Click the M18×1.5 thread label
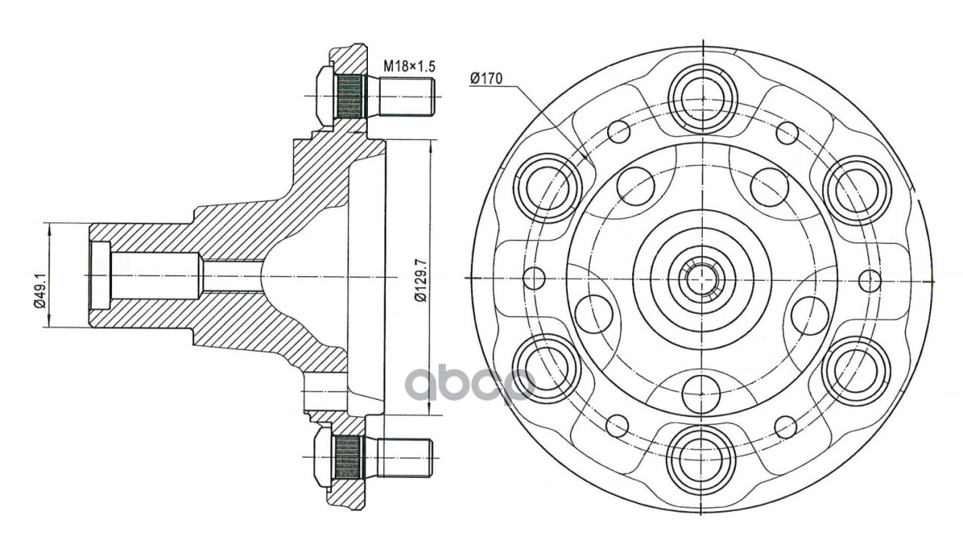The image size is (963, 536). (409, 66)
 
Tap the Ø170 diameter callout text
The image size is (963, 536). (486, 78)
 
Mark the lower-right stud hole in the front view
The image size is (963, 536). (855, 370)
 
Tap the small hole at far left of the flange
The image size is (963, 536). (533, 278)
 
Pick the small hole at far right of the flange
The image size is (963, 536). (870, 280)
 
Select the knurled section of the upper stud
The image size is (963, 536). (349, 97)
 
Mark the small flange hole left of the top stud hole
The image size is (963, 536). (618, 132)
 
